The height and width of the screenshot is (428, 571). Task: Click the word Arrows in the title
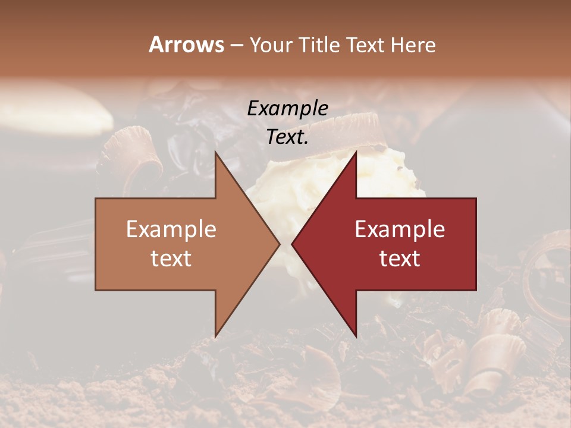point(187,45)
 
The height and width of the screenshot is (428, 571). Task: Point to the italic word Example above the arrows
point(287,109)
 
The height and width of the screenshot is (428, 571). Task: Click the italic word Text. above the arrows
point(287,137)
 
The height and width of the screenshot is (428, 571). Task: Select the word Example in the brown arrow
point(171,229)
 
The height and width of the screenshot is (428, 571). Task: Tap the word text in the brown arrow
point(171,259)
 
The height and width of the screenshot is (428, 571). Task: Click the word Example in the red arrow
point(400,229)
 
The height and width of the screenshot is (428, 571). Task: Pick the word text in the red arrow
point(400,259)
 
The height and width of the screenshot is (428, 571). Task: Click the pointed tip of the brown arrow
point(280,244)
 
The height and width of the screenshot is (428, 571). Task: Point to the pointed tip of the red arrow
point(292,244)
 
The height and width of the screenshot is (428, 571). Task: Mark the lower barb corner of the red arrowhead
point(356,337)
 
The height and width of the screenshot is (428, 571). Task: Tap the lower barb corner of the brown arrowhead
point(215,337)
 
